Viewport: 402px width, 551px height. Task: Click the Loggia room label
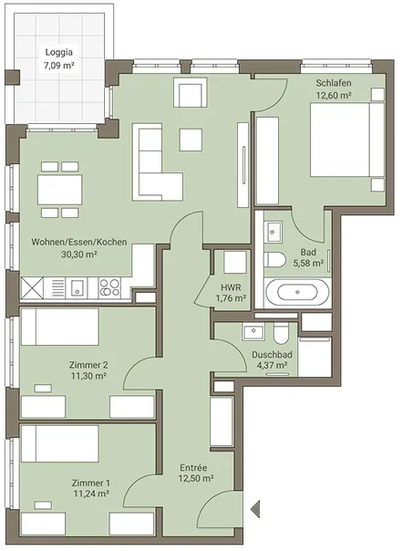[59, 52]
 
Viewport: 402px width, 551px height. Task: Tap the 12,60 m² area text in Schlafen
[334, 95]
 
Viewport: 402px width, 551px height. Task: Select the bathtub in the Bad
[297, 292]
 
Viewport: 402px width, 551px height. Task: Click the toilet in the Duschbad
[281, 333]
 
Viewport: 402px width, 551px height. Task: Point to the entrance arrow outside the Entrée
[255, 508]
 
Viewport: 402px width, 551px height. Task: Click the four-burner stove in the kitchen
[109, 287]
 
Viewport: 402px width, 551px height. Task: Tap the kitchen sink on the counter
[77, 287]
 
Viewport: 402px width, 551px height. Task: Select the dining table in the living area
[60, 190]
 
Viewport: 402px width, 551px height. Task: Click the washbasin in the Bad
[273, 232]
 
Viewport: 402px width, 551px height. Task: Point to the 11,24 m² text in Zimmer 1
[91, 494]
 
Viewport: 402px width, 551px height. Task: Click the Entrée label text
[193, 468]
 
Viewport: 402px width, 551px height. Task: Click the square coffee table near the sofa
[191, 140]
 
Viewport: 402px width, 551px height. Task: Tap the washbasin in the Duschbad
[253, 332]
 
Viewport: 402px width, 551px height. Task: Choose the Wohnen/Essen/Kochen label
[79, 242]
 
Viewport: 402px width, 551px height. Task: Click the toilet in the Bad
[274, 260]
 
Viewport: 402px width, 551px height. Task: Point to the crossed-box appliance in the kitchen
[32, 287]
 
